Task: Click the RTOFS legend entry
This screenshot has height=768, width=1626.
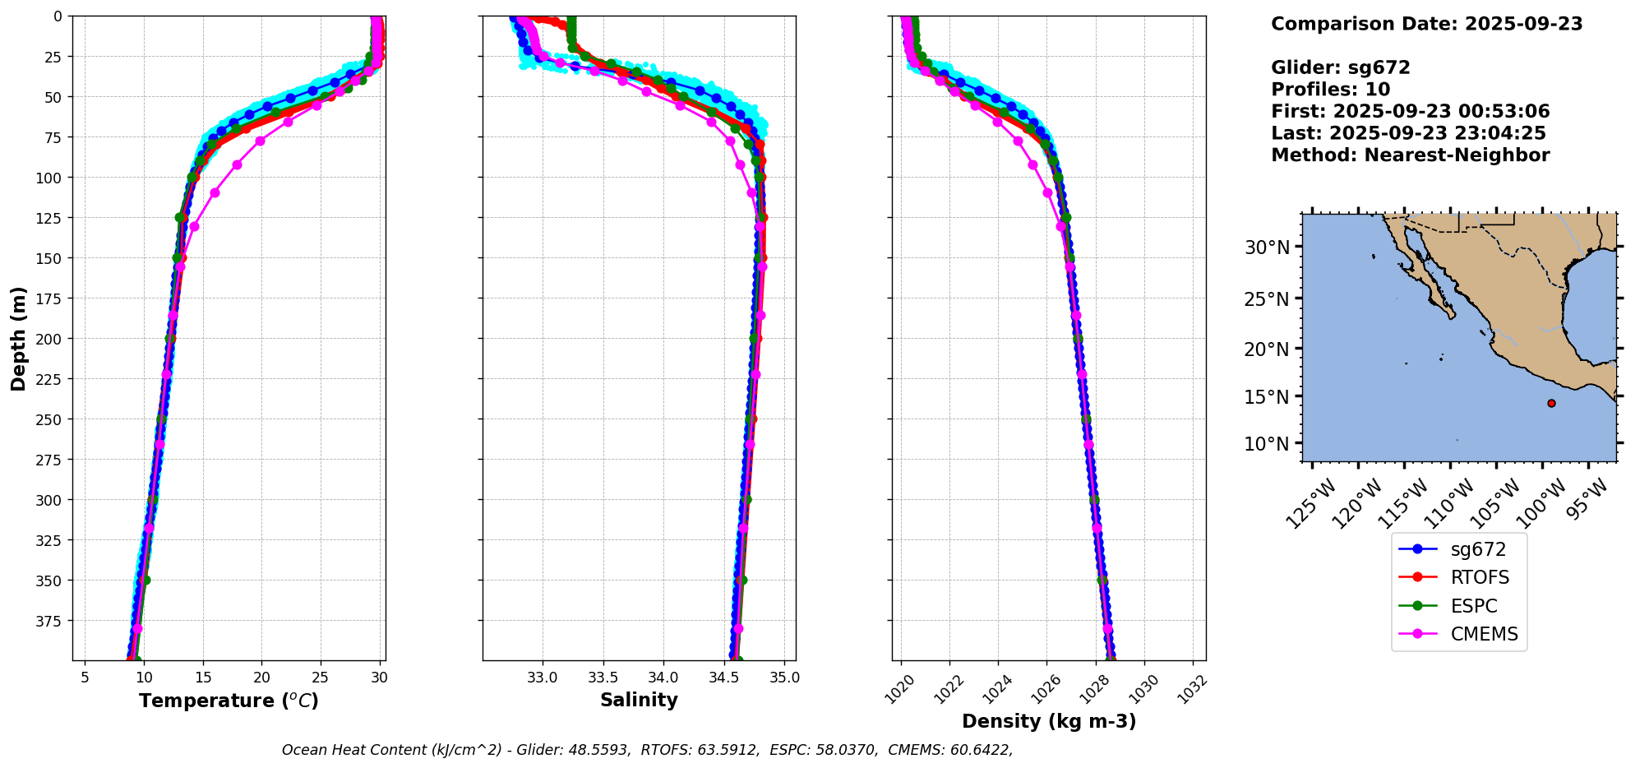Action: (1480, 577)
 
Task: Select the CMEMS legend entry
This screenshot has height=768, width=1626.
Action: (1484, 634)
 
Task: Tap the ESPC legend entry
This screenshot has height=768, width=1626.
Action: (1474, 606)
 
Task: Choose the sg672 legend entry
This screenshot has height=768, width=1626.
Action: (1478, 549)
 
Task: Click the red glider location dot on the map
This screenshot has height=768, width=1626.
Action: (1551, 403)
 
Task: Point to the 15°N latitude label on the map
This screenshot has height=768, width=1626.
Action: (1267, 396)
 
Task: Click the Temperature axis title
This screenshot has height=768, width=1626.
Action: (229, 701)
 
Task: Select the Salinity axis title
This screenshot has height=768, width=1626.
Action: (639, 700)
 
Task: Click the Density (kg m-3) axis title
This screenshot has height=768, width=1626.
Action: (1049, 721)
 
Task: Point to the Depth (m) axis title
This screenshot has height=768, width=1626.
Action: (19, 338)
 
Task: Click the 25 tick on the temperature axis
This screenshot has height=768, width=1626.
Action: (321, 678)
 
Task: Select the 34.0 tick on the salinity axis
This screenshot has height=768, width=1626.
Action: (663, 678)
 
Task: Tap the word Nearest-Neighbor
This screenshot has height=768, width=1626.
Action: (1457, 155)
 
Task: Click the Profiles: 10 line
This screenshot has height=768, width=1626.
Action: (1330, 90)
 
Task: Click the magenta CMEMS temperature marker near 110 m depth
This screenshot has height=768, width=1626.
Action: (215, 192)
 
